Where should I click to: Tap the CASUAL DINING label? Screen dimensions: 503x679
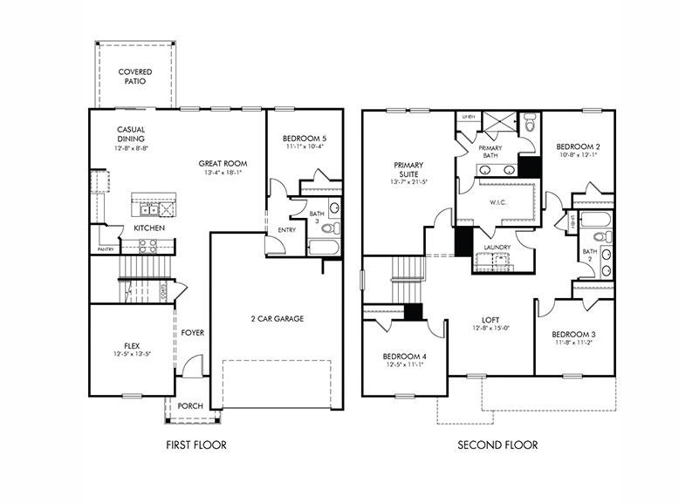pyautogui.click(x=131, y=134)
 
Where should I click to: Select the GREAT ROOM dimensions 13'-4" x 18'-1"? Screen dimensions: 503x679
pyautogui.click(x=223, y=173)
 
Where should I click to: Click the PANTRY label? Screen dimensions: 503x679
pyautogui.click(x=106, y=249)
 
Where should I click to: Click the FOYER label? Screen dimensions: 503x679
pyautogui.click(x=192, y=332)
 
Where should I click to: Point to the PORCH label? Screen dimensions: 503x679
pyautogui.click(x=190, y=405)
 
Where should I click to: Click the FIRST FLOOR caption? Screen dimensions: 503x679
pyautogui.click(x=196, y=445)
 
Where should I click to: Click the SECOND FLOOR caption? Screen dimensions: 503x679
pyautogui.click(x=497, y=445)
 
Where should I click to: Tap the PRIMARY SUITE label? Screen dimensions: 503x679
pyautogui.click(x=408, y=169)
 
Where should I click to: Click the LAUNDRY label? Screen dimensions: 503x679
pyautogui.click(x=497, y=247)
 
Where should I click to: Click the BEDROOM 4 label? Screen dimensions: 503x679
pyautogui.click(x=403, y=357)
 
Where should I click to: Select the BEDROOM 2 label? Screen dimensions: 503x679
pyautogui.click(x=578, y=146)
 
